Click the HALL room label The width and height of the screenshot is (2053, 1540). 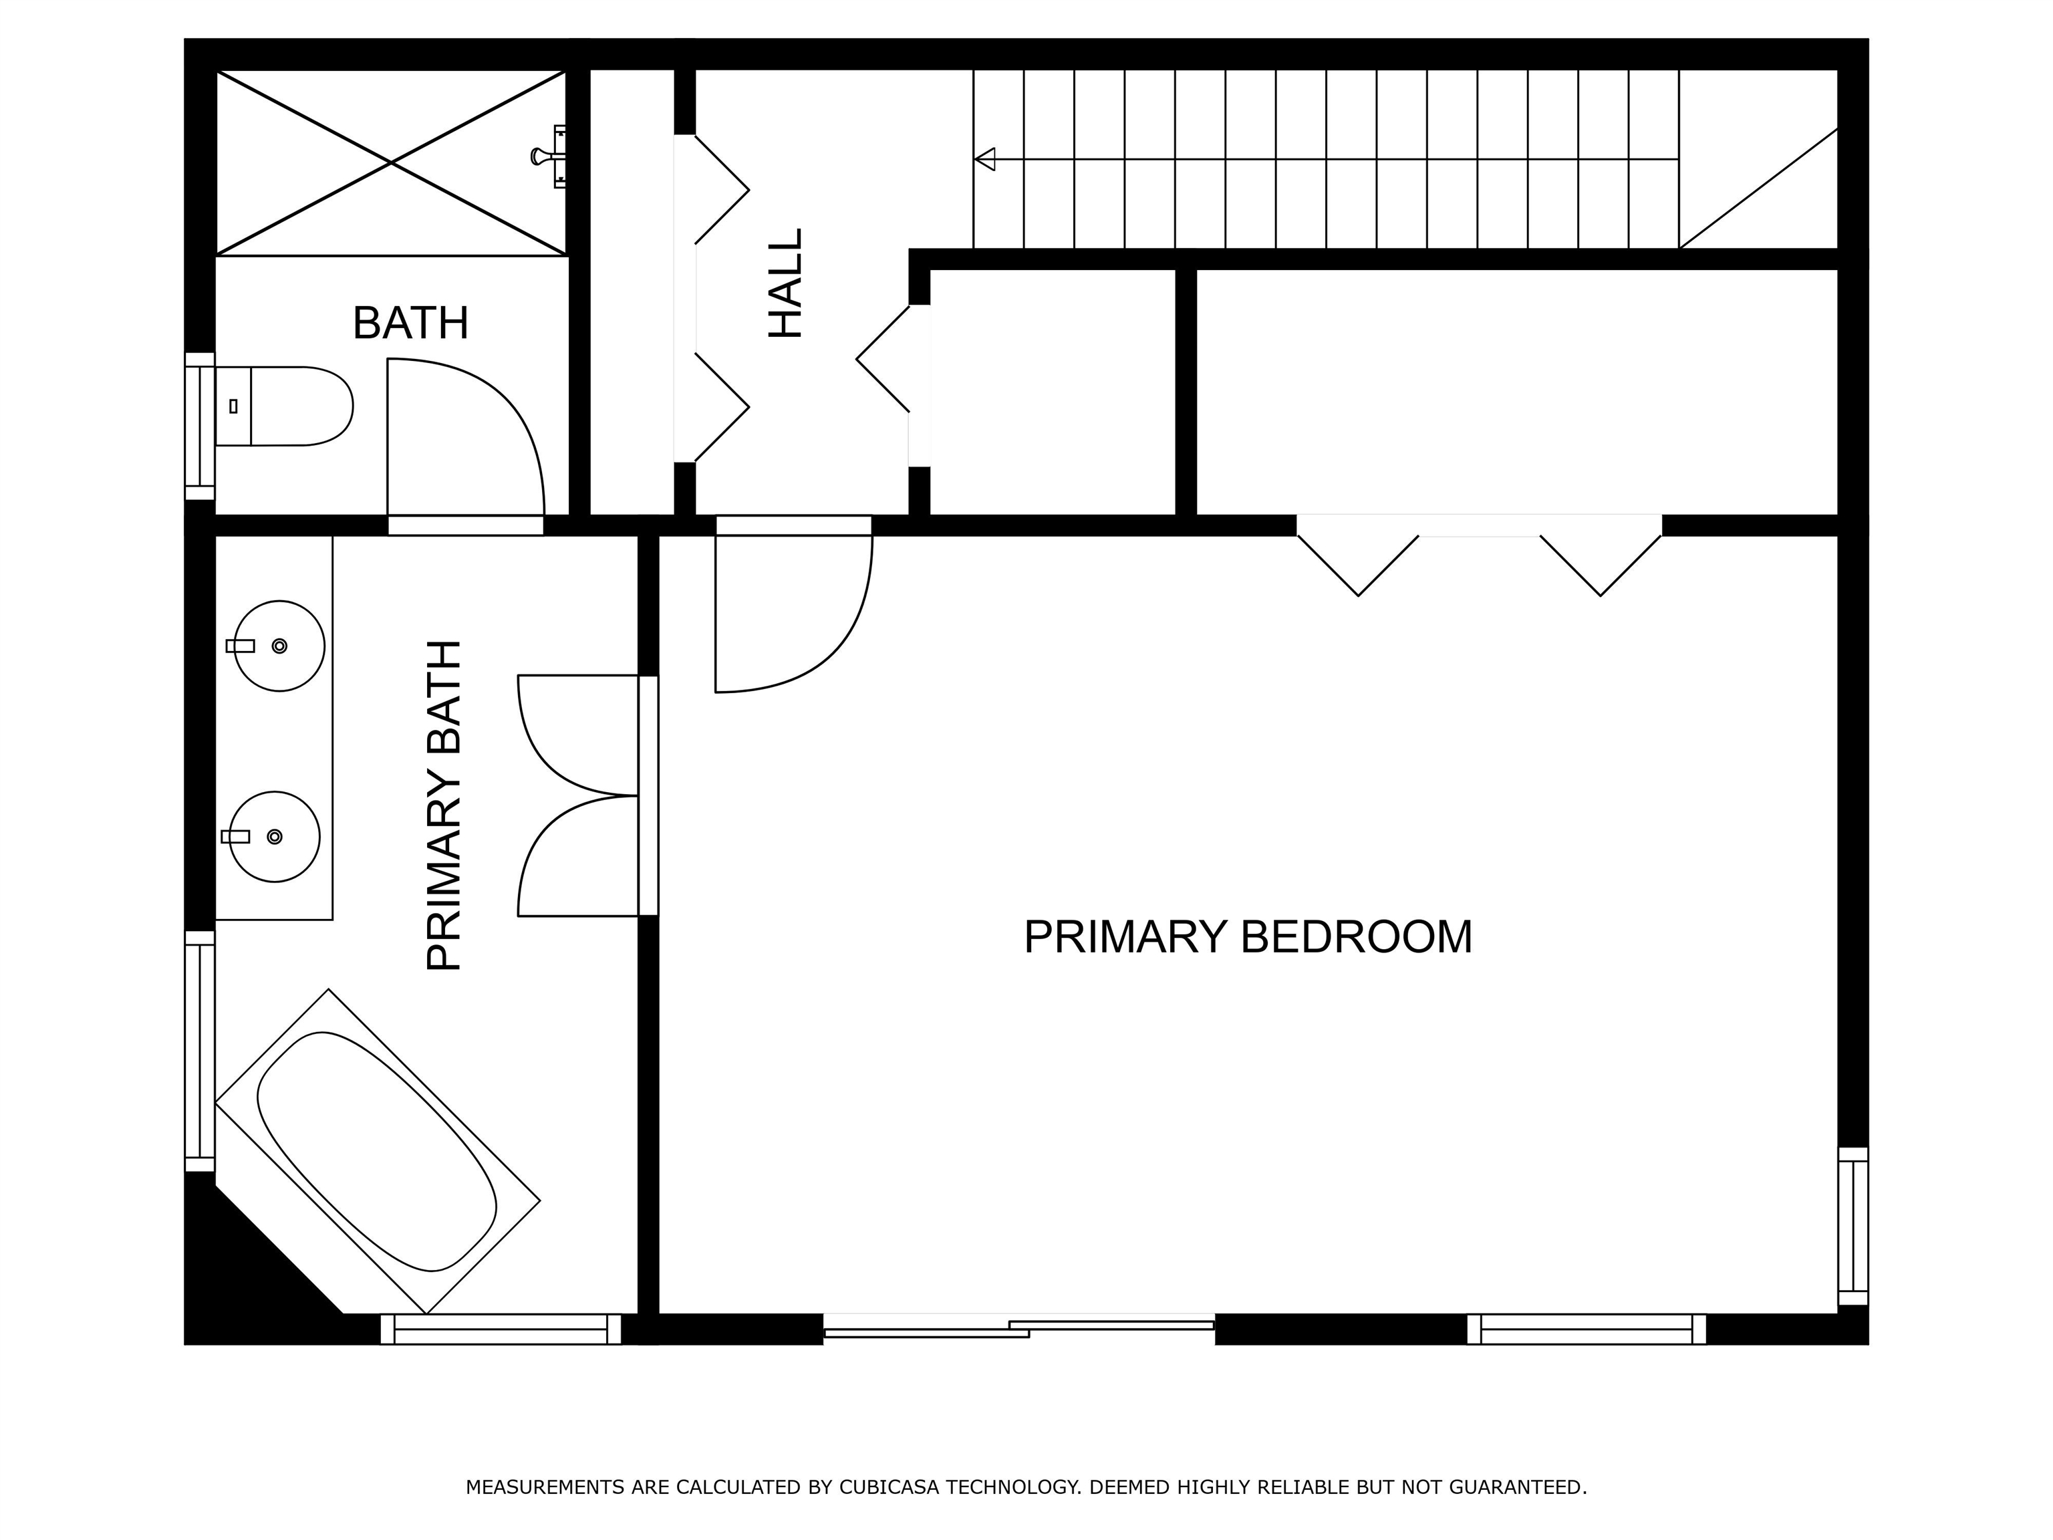785,283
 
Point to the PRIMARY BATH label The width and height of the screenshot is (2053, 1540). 444,805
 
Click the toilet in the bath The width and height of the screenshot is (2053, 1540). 284,406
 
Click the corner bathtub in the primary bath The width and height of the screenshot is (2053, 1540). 377,1151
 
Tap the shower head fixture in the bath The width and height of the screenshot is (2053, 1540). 549,156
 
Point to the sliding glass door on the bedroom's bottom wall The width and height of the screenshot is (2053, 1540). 1019,1325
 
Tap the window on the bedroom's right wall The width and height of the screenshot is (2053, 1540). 1853,1225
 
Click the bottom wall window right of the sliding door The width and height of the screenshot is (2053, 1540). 1586,1329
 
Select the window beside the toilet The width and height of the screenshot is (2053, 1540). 200,426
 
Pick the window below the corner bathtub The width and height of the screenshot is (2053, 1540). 501,1329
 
